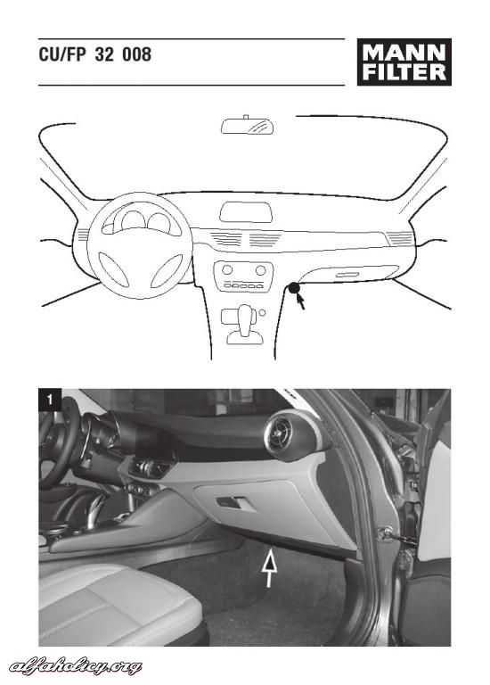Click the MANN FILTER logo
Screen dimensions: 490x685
click(404, 62)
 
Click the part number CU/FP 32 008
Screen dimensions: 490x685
click(95, 54)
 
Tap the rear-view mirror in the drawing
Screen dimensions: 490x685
click(248, 125)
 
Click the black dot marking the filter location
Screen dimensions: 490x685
click(294, 287)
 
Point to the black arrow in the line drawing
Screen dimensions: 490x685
click(300, 300)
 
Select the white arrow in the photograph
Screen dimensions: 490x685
click(270, 568)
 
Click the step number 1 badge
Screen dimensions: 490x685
click(50, 400)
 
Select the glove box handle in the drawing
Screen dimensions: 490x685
click(347, 275)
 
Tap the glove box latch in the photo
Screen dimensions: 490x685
click(233, 502)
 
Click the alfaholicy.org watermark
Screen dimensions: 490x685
click(76, 666)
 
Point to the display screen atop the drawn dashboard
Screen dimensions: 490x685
click(246, 212)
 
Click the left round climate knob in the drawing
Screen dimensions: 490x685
click(227, 269)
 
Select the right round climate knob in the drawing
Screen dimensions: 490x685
click(260, 270)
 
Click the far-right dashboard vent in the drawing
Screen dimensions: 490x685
click(400, 238)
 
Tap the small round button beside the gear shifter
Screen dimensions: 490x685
click(262, 312)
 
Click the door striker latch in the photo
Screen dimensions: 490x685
click(385, 533)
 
